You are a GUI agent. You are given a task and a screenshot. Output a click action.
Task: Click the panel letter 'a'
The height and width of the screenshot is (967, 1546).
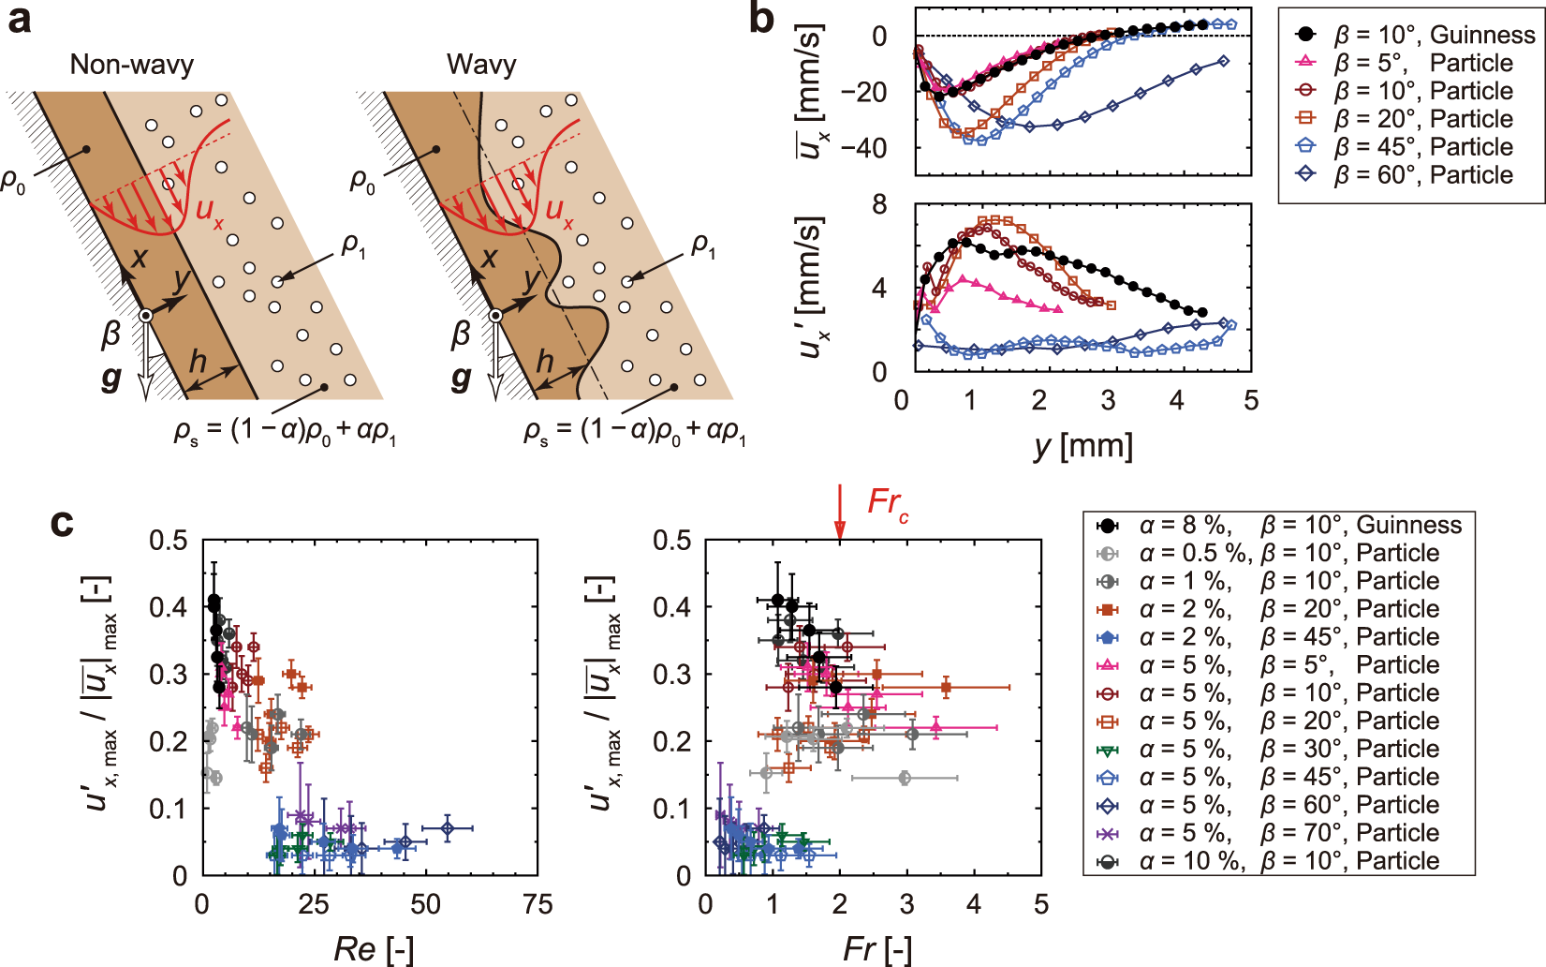coord(19,21)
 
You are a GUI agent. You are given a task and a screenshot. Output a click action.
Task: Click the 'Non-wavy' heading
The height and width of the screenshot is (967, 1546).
coord(132,65)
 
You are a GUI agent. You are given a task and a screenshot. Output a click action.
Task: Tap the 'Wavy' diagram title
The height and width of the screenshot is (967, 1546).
coord(481,65)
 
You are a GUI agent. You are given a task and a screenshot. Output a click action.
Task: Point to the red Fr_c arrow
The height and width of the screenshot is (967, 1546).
coord(840,512)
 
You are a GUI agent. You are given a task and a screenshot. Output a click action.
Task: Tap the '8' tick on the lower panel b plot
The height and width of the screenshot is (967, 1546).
coord(879,205)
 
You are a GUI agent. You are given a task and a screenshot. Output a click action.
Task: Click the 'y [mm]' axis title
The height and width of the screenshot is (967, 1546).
coord(1083,446)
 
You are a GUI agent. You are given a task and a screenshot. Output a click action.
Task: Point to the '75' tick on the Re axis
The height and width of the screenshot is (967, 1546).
coord(537,904)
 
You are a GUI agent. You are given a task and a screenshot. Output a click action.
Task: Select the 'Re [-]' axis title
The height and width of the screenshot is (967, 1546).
coord(373,948)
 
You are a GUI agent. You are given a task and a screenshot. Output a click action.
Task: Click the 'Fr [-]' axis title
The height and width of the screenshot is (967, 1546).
coord(876,948)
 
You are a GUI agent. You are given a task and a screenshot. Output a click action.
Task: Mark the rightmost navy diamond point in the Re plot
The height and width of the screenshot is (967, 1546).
coord(448,828)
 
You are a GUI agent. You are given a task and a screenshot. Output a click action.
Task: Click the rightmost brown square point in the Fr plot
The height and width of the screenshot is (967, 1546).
coord(946,688)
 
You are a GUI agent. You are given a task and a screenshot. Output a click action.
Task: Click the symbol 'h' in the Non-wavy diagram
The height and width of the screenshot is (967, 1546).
coord(198,361)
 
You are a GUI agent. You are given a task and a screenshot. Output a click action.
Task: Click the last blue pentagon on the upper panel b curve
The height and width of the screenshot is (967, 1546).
coord(1230,24)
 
